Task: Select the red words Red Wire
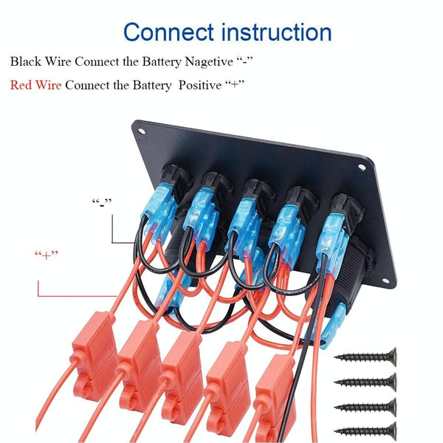[35, 85]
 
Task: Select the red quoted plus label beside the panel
[46, 255]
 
